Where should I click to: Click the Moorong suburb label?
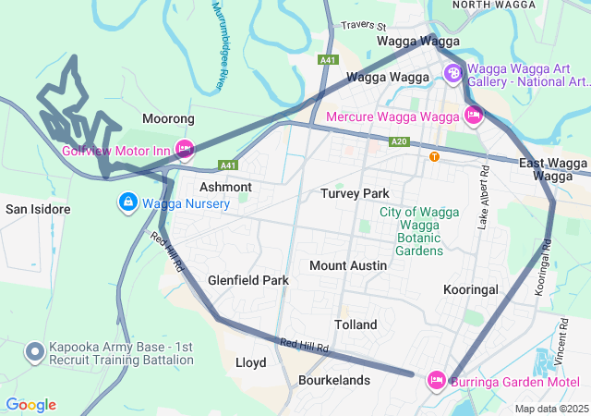tap(169, 119)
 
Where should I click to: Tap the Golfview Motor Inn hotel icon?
tap(184, 149)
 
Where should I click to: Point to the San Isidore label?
tap(38, 209)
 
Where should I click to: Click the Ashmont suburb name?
tap(225, 187)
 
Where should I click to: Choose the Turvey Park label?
tap(356, 193)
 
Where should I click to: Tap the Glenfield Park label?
tap(248, 280)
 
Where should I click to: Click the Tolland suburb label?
tap(356, 324)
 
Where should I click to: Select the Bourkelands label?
tap(334, 380)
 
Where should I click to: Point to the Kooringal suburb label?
tap(471, 289)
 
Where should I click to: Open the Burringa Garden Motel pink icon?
tap(437, 379)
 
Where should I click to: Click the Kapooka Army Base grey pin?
tap(35, 351)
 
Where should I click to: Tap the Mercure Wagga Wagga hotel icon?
tap(474, 116)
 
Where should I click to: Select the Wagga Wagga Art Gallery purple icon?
tap(453, 73)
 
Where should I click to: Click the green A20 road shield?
tap(399, 141)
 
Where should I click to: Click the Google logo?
tap(30, 404)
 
